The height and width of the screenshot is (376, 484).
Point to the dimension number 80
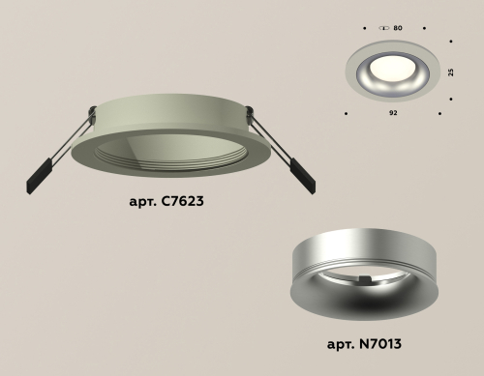pyautogui.click(x=398, y=29)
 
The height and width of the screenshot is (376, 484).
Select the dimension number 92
pyautogui.click(x=393, y=113)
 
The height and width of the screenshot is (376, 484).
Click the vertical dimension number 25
pyautogui.click(x=450, y=72)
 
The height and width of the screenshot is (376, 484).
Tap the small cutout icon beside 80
pyautogui.click(x=384, y=29)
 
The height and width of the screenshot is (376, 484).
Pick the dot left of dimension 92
pyautogui.click(x=347, y=113)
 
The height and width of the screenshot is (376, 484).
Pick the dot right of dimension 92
pyautogui.click(x=440, y=113)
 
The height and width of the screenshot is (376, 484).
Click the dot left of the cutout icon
pyautogui.click(x=365, y=29)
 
